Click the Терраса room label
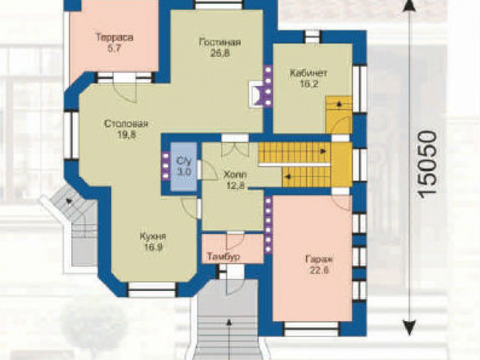coord(115,38)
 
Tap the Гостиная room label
coord(220,42)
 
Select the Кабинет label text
coord(308,73)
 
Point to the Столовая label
coord(126,124)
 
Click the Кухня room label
coord(153,237)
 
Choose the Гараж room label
coord(319,259)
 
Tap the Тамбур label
coord(223,256)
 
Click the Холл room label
coord(235,175)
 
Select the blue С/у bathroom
coord(184,166)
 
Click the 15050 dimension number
coord(427,164)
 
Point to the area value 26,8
coord(220,53)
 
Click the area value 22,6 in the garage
coord(319,271)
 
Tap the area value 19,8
coord(127,135)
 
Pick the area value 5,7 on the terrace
coord(115,49)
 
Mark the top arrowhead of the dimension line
coord(409,5)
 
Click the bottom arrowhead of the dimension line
coord(409,328)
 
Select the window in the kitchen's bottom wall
coord(152,290)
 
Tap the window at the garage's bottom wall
coord(312,329)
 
